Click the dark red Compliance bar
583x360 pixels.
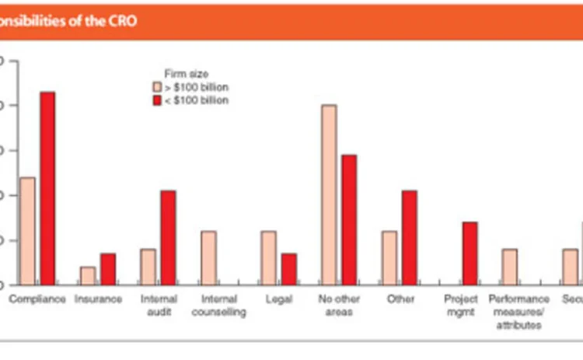click(x=47, y=188)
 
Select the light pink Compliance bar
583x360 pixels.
click(x=27, y=231)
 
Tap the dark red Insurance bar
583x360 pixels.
click(x=108, y=269)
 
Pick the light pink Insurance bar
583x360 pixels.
click(x=88, y=276)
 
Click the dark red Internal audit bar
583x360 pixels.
click(x=168, y=237)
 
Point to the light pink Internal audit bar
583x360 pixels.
click(x=148, y=267)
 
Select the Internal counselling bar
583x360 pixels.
click(x=208, y=258)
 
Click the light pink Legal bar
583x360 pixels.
click(x=268, y=258)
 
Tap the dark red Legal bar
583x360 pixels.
click(x=288, y=269)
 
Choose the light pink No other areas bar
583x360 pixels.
click(x=329, y=194)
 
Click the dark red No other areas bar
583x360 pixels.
click(x=349, y=219)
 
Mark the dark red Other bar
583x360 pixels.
click(x=410, y=237)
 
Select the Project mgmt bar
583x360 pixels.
click(x=470, y=253)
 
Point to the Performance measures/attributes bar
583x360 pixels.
click(x=510, y=267)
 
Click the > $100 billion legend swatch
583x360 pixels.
click(x=156, y=87)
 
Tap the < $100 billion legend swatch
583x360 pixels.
click(x=156, y=100)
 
